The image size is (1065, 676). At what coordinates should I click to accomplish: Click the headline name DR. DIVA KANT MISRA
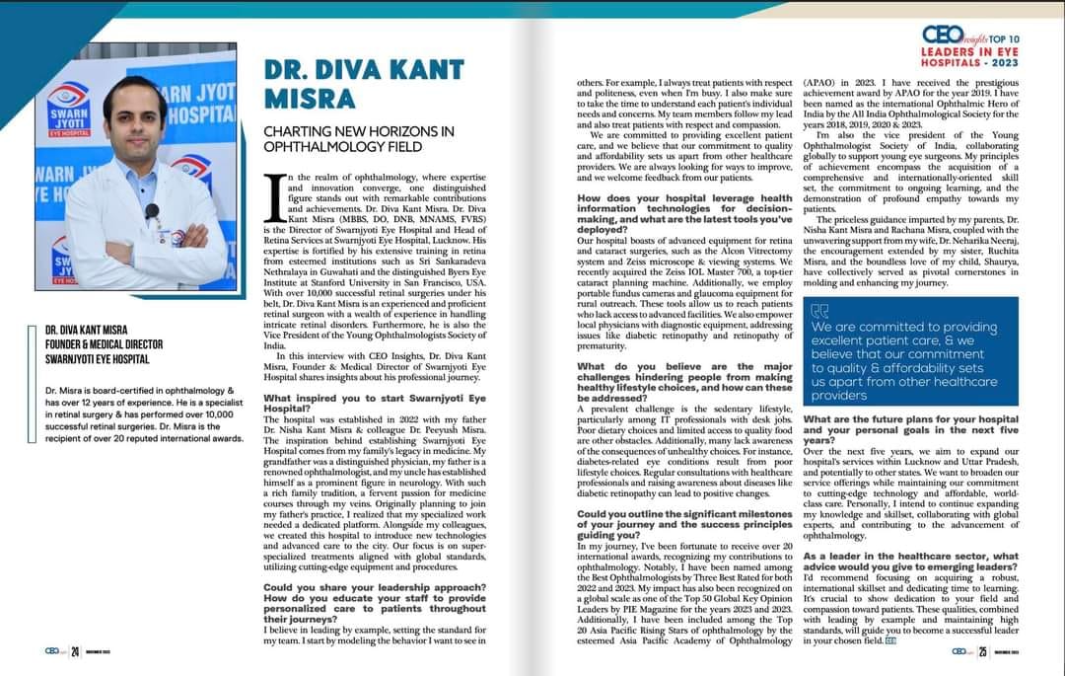(363, 84)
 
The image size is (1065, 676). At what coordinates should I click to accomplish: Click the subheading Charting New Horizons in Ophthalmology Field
(358, 139)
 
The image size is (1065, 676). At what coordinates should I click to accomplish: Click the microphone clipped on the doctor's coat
(152, 211)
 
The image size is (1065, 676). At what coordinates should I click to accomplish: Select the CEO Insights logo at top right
(946, 36)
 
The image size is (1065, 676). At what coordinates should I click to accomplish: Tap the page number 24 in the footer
(74, 652)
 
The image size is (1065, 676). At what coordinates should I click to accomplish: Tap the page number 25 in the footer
(983, 652)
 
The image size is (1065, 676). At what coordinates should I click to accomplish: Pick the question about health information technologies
(684, 209)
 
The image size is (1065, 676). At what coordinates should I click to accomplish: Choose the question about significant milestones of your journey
(684, 526)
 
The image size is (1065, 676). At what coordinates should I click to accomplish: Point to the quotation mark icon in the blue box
(819, 311)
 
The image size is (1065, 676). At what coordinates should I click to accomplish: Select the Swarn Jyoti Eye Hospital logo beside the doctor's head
(69, 110)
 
